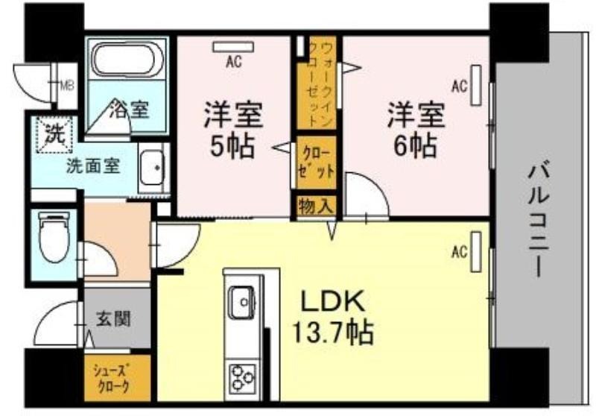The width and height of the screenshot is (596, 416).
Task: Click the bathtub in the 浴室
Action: (128, 60)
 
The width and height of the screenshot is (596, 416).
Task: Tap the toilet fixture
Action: (54, 236)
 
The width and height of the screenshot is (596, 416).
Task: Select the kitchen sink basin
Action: (241, 301)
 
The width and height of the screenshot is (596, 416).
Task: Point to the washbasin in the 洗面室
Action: (153, 167)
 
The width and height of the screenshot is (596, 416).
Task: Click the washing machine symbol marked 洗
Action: (54, 135)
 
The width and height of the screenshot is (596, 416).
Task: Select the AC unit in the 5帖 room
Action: (233, 47)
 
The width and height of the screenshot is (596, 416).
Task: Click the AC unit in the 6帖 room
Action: (476, 85)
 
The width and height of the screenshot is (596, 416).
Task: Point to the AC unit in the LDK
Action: (476, 252)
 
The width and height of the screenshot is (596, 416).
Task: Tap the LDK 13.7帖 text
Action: (332, 317)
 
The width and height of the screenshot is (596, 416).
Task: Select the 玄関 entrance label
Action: (113, 318)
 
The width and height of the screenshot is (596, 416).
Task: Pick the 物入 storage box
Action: (316, 207)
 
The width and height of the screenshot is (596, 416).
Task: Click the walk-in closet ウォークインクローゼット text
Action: (322, 83)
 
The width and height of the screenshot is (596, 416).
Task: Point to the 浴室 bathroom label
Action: (129, 110)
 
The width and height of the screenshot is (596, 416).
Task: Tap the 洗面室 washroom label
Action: (94, 166)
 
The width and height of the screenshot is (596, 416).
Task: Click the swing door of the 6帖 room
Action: (367, 196)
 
